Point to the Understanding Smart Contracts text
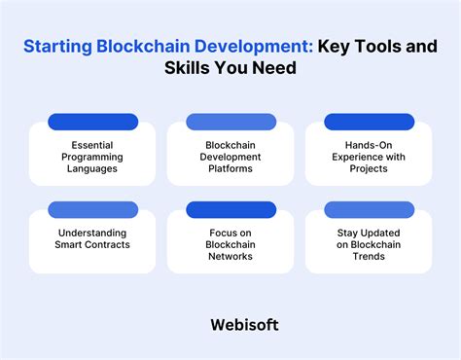click(x=92, y=237)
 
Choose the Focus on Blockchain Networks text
click(x=230, y=243)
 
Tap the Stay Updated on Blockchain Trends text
click(x=369, y=243)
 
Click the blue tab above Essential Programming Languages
click(x=91, y=122)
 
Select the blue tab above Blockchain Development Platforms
click(x=230, y=122)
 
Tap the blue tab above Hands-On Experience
click(x=369, y=122)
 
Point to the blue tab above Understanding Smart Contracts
click(x=91, y=209)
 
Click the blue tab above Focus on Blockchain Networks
click(x=230, y=209)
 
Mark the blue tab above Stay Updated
click(x=369, y=209)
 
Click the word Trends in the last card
click(x=369, y=257)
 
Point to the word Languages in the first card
click(x=91, y=167)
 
